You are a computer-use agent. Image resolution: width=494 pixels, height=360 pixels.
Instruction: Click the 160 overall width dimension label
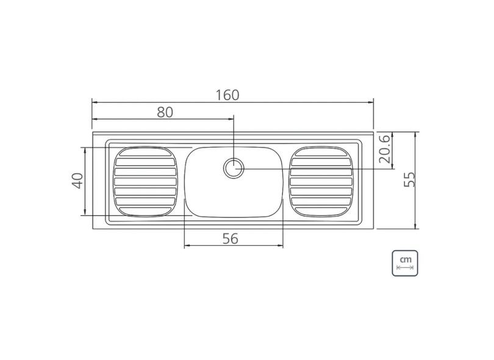point(227,95)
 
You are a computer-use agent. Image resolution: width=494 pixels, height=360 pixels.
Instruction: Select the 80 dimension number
point(165,112)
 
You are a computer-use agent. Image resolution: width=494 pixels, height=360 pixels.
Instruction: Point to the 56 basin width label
point(230,239)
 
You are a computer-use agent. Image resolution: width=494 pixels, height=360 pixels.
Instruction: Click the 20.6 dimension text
point(384,151)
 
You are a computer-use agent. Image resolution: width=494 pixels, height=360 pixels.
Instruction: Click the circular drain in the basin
point(233,168)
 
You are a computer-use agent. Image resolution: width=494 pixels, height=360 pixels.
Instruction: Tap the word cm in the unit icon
point(405,259)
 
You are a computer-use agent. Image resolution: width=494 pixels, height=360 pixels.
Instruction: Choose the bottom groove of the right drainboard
point(321,210)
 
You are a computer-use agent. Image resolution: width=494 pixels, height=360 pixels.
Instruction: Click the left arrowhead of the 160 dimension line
point(94,103)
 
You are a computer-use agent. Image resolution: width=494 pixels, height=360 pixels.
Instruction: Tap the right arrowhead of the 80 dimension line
point(231,120)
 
